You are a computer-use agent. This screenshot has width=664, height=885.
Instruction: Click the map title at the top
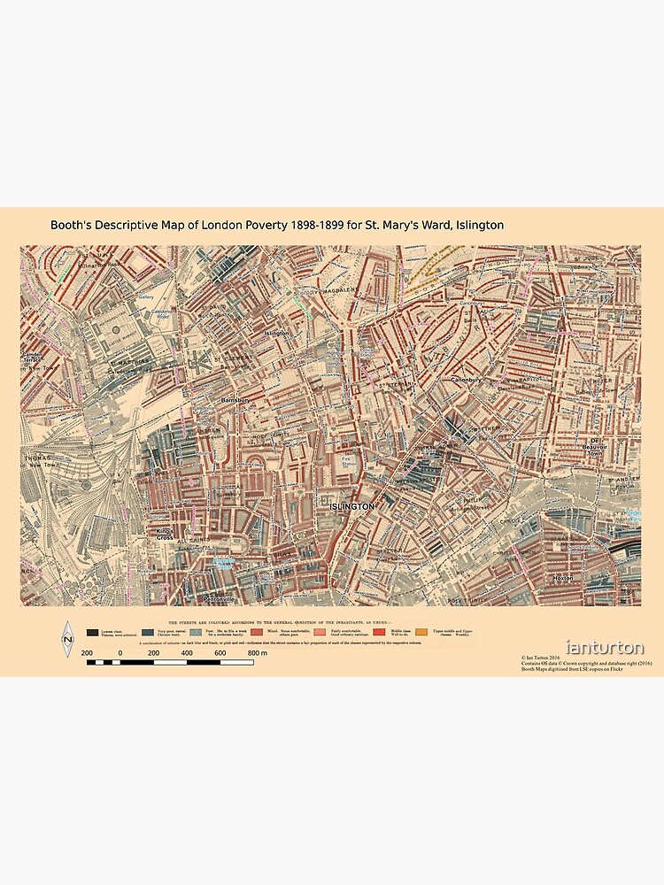(277, 226)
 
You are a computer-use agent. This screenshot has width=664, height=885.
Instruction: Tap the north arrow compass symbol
(66, 639)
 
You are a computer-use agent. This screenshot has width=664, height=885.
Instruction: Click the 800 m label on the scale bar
(258, 652)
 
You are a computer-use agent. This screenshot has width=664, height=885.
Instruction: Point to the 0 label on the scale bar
(120, 652)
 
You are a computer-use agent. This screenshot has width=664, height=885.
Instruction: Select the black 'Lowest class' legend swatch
(93, 632)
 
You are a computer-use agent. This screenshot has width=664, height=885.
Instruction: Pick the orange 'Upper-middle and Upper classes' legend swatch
(421, 632)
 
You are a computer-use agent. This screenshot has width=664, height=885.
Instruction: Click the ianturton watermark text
(605, 649)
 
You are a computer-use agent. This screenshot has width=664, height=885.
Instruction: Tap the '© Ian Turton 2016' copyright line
(542, 658)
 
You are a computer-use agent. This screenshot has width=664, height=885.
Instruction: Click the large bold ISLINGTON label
(351, 506)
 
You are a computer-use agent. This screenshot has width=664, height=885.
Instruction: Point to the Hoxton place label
(562, 578)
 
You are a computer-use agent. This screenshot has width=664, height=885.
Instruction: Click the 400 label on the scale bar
(187, 652)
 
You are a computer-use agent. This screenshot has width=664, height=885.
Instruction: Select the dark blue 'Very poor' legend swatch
(148, 632)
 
